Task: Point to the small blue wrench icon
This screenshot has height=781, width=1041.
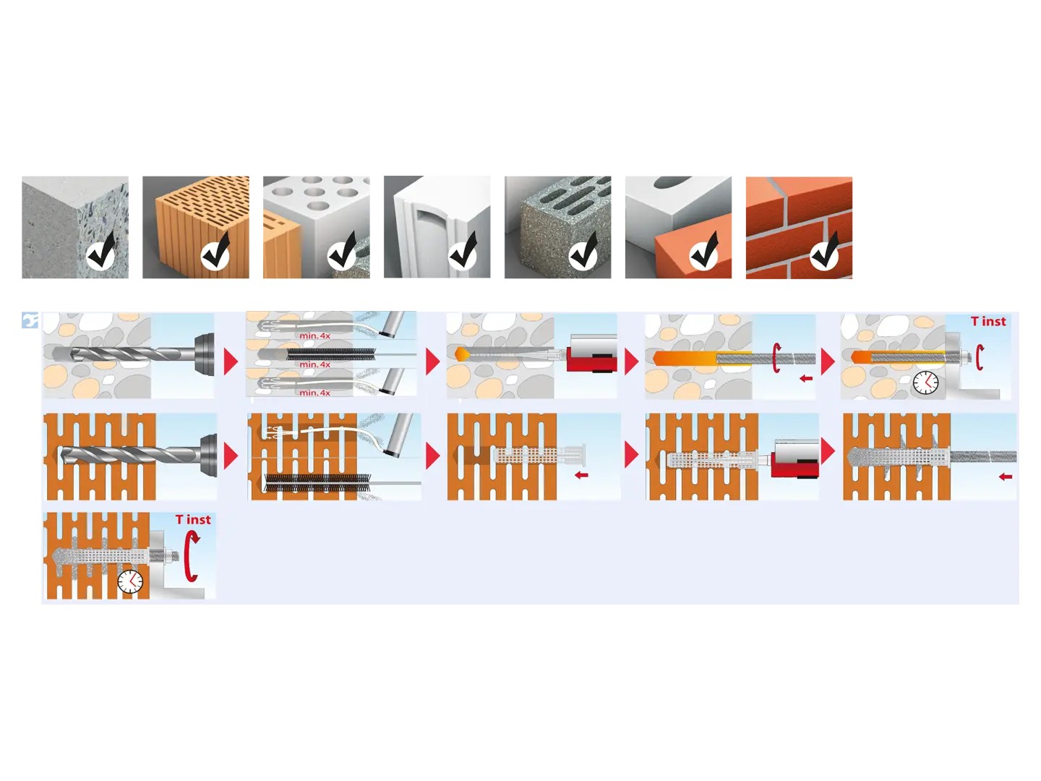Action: pos(30,320)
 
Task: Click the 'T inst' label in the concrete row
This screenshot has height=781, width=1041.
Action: pos(988,322)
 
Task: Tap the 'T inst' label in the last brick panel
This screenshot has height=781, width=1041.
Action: pos(193,520)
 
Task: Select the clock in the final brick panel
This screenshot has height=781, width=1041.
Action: pos(130,581)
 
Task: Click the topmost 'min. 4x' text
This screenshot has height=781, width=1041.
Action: pos(315,336)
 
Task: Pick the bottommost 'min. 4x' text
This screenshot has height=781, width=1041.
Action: pos(315,393)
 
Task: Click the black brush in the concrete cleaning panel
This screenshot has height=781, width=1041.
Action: pos(331,354)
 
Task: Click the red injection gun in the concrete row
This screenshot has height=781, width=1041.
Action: pos(591,354)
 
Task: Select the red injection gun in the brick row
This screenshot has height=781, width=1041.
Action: pos(795,459)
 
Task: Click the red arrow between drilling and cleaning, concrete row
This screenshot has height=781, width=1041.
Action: pos(231,362)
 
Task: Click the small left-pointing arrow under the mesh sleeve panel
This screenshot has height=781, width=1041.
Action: pos(581,475)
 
